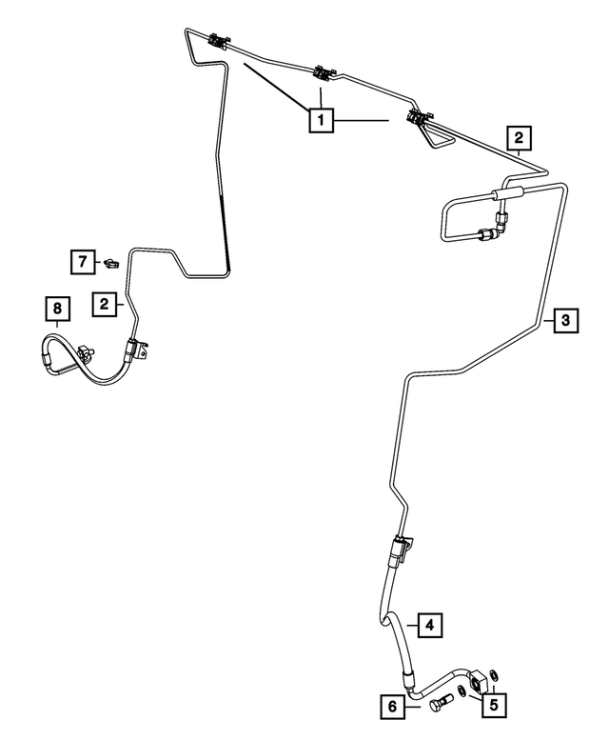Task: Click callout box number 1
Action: coord(321,120)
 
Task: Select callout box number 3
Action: coord(565,321)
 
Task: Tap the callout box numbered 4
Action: coord(429,626)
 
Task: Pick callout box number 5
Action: coord(494,705)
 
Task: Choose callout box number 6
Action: coord(393,707)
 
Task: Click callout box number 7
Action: coord(83,262)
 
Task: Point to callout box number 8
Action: coord(57,309)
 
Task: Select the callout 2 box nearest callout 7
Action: coord(105,304)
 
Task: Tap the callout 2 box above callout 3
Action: coord(519,138)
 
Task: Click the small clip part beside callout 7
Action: coord(111,263)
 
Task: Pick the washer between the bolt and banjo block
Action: coord(462,690)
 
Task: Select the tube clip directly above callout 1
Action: coord(324,73)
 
